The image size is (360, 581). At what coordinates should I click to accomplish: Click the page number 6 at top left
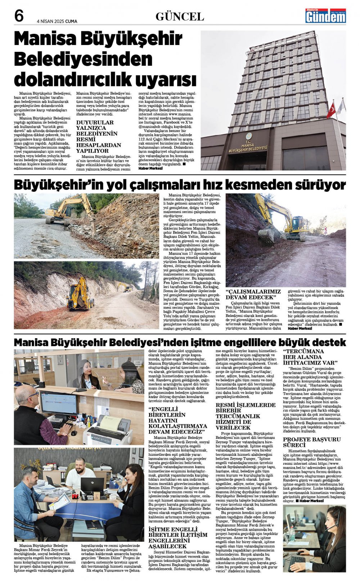click(x=19, y=16)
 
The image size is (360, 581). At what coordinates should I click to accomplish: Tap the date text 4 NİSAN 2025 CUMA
click(x=57, y=21)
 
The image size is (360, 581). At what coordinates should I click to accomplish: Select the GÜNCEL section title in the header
click(x=180, y=17)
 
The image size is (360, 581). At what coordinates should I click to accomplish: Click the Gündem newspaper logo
click(x=325, y=16)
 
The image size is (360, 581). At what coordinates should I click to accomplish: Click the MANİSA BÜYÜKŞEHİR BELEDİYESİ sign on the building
click(x=248, y=146)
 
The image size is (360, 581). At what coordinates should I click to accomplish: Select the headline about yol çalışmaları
click(x=180, y=185)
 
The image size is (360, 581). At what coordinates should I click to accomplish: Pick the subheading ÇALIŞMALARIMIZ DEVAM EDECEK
click(x=253, y=294)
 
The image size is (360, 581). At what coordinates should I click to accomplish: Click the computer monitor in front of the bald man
click(x=53, y=403)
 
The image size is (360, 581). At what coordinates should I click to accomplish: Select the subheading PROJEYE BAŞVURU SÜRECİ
click(x=311, y=442)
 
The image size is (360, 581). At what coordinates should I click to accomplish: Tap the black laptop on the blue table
click(x=92, y=486)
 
